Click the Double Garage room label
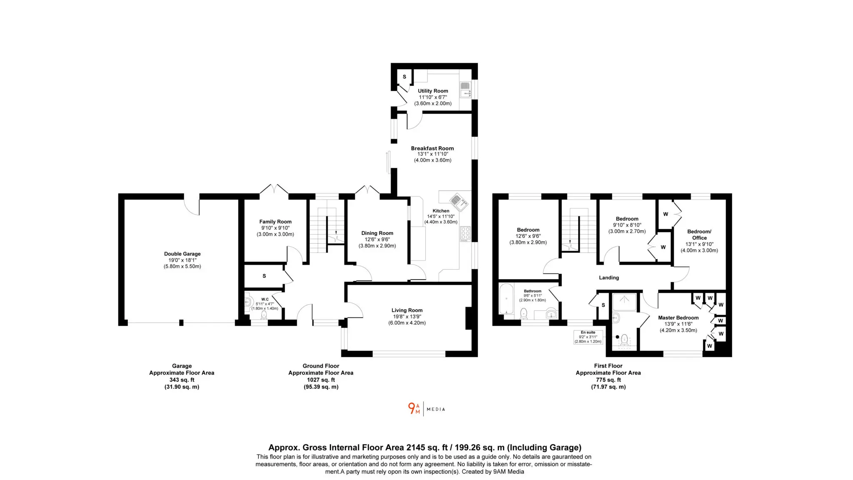click(x=182, y=254)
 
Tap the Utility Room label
click(x=433, y=91)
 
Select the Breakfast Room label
click(x=432, y=148)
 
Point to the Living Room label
click(x=407, y=310)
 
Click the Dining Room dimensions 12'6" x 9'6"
click(x=377, y=240)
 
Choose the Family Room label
click(x=275, y=222)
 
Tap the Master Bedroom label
click(x=678, y=317)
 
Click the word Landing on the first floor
click(x=609, y=277)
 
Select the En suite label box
click(x=588, y=337)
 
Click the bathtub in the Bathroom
click(x=506, y=298)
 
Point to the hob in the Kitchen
click(x=465, y=234)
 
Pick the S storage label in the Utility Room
click(x=404, y=77)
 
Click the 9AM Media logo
click(x=426, y=409)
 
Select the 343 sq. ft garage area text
click(x=182, y=380)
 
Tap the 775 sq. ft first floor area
click(x=608, y=380)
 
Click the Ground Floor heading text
click(x=321, y=366)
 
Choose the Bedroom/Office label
click(x=699, y=235)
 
